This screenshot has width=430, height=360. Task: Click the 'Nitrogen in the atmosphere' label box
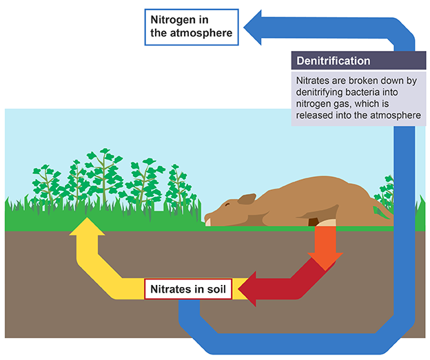click(x=191, y=26)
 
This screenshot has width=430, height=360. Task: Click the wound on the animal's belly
click(x=314, y=221)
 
